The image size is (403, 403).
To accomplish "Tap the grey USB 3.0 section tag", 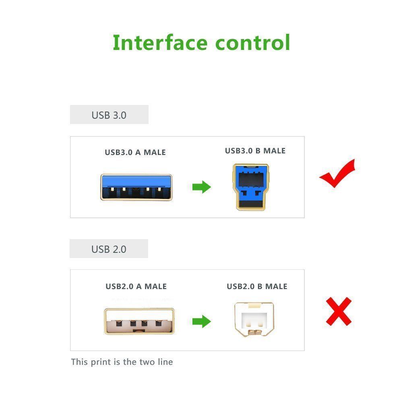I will (x=109, y=115).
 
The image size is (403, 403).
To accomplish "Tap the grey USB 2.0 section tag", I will (x=109, y=249).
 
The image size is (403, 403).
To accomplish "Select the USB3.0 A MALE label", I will (x=135, y=153).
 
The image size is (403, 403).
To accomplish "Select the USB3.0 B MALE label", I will (x=255, y=151).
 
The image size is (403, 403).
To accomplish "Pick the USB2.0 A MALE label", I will (x=136, y=287).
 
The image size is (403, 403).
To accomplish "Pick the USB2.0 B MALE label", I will (x=257, y=287).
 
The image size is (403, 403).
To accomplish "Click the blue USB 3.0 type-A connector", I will (x=136, y=187).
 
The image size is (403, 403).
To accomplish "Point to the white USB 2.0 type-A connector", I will (x=139, y=320).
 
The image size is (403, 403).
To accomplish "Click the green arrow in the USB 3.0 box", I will (x=201, y=187).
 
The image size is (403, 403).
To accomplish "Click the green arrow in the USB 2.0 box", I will (x=201, y=321).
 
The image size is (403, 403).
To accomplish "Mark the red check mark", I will (x=337, y=174).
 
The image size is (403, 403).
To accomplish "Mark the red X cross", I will (x=339, y=311).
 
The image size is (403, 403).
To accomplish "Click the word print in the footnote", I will (x=99, y=362).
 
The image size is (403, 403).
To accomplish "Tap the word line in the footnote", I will (x=165, y=362).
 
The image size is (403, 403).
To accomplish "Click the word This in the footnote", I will (x=79, y=362).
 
